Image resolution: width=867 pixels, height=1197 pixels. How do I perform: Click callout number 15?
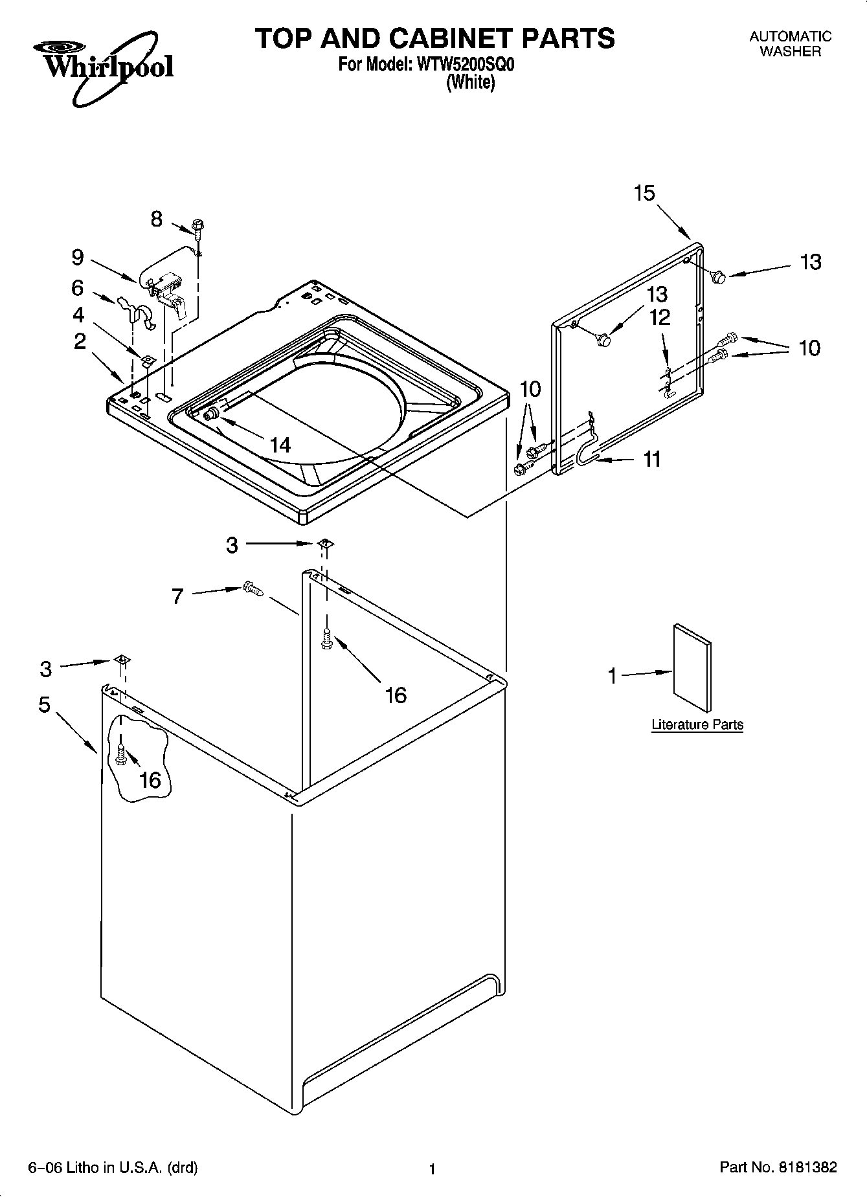(x=644, y=193)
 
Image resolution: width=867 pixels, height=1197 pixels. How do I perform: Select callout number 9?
(x=78, y=258)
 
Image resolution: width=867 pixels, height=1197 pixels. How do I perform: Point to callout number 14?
(x=280, y=445)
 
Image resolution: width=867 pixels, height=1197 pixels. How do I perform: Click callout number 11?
(x=652, y=459)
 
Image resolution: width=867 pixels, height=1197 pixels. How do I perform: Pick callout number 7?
(x=177, y=596)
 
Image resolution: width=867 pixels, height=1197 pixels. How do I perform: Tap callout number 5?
(x=44, y=704)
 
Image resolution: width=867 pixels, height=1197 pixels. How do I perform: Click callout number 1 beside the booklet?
(x=613, y=676)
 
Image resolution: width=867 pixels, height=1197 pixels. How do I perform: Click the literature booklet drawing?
(x=692, y=668)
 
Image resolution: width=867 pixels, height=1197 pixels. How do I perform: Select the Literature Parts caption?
(x=697, y=724)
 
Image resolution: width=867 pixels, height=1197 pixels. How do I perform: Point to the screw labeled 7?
(x=253, y=588)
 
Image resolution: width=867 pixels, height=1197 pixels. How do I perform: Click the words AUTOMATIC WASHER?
(x=790, y=44)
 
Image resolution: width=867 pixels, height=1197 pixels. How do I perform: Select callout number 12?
(x=660, y=318)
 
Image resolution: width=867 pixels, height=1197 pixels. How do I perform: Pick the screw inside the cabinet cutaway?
(x=121, y=755)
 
